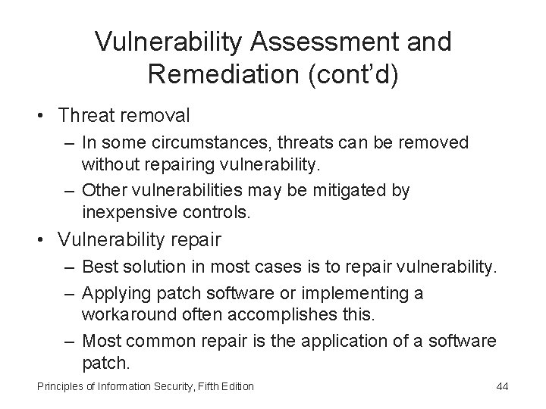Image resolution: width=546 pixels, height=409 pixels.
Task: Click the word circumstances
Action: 206,142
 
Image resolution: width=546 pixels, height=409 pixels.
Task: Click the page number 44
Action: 501,387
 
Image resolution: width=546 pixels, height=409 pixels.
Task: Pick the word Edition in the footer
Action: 236,387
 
